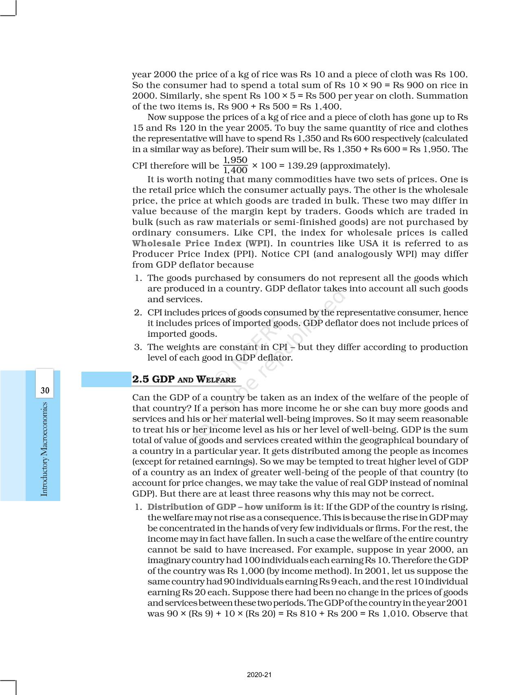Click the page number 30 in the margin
(x=45, y=391)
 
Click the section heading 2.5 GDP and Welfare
(x=184, y=379)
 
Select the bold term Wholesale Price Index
(x=186, y=244)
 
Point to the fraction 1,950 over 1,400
(x=235, y=165)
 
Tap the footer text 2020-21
(x=259, y=675)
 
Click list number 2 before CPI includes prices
(x=138, y=313)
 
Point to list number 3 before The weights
(x=138, y=347)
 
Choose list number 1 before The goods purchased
(x=138, y=278)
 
